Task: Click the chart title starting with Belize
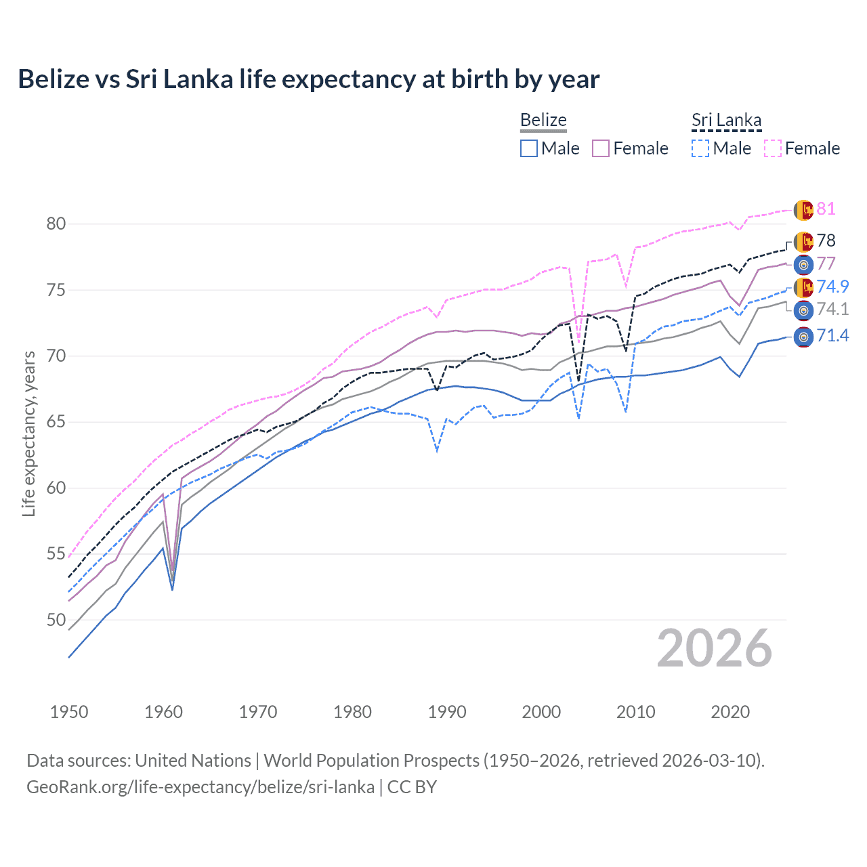click(308, 79)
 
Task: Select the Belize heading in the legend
click(543, 120)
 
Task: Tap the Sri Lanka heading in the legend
click(726, 120)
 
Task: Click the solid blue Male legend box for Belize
click(529, 148)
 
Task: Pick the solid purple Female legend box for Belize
click(601, 148)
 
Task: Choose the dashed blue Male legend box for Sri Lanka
click(700, 148)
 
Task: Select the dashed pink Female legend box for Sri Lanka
click(773, 148)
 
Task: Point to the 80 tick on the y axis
click(56, 224)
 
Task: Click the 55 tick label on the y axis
click(56, 554)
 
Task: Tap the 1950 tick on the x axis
click(69, 712)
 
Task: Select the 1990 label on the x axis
click(447, 712)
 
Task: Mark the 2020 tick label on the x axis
click(730, 712)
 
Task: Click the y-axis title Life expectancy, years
click(28, 433)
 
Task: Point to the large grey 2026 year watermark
click(715, 648)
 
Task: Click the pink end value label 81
click(826, 209)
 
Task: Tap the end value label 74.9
click(832, 287)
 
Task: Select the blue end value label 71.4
click(832, 335)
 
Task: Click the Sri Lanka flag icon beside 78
click(803, 241)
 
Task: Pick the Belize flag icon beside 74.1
click(803, 310)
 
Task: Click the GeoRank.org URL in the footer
click(200, 787)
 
